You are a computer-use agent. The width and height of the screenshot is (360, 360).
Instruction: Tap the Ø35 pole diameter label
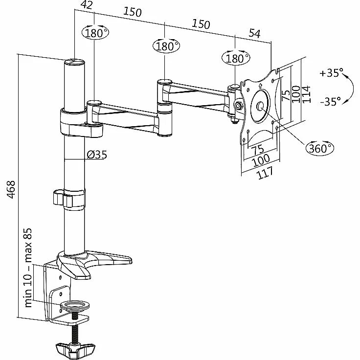[97, 155]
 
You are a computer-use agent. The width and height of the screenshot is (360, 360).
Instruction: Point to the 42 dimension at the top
[87, 5]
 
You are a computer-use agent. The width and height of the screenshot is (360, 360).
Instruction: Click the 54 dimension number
[254, 33]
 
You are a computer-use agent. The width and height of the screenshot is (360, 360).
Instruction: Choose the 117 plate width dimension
[265, 172]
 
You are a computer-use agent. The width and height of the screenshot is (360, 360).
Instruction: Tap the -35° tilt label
[331, 102]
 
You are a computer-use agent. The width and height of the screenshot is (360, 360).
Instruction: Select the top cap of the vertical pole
[74, 62]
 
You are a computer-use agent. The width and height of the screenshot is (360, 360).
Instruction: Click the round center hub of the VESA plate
[261, 106]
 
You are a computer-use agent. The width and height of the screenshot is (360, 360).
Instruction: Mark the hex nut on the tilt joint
[239, 105]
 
